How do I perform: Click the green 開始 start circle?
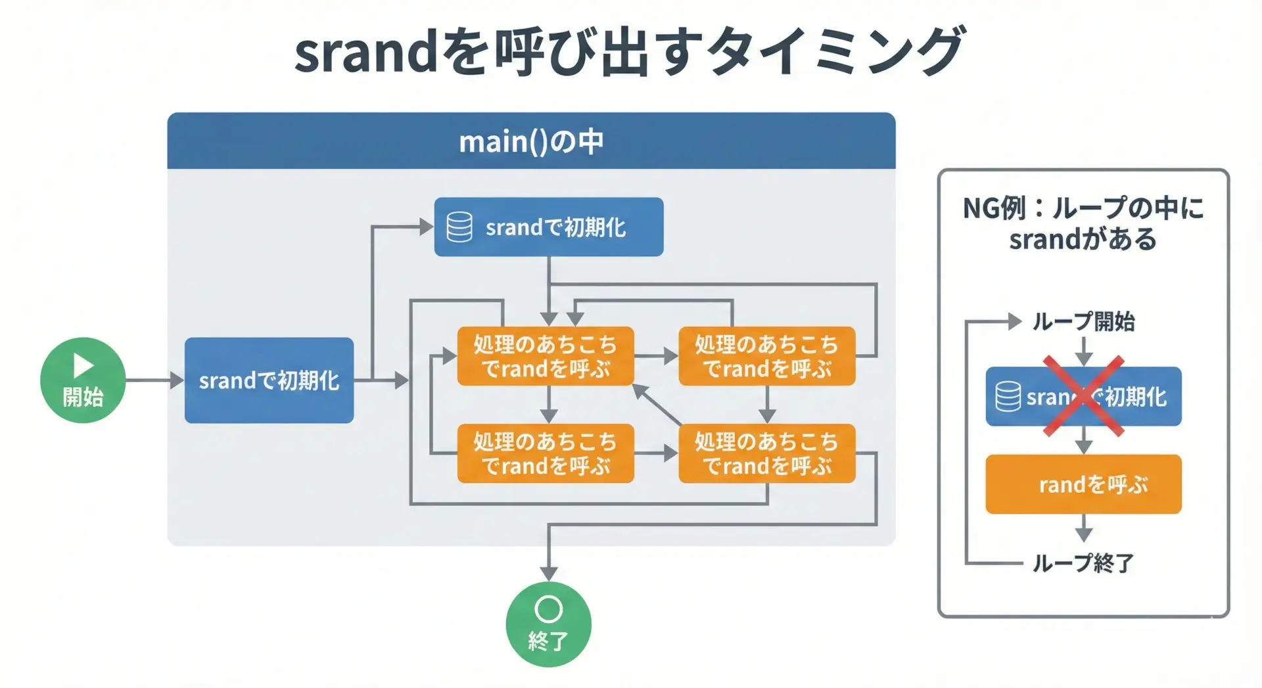83,380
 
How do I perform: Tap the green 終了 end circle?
548,624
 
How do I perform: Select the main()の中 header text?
531,141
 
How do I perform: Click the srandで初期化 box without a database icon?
269,380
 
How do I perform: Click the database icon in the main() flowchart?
459,227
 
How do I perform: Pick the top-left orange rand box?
546,355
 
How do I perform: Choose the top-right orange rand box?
766,355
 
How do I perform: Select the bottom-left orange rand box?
546,453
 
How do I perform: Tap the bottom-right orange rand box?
766,453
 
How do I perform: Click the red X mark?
1083,396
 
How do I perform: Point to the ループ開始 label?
1083,321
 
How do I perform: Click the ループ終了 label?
1083,562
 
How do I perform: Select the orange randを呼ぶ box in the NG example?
1083,484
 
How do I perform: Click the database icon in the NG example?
1008,396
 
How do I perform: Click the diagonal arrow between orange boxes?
657,405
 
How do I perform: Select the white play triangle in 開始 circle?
83,365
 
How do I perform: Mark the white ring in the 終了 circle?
548,609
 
